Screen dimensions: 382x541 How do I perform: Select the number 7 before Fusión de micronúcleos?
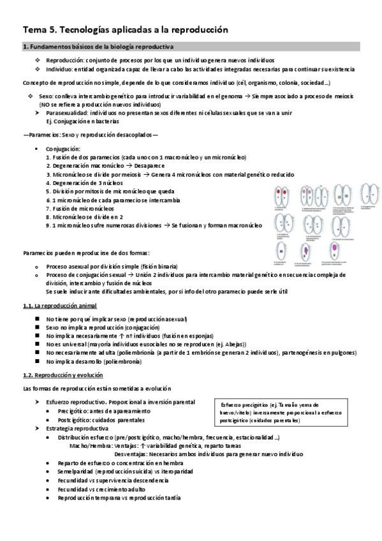click(x=48, y=208)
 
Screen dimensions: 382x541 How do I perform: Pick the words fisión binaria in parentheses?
click(x=160, y=265)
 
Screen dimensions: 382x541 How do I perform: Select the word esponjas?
click(x=199, y=335)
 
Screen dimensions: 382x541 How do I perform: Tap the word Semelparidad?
click(x=75, y=471)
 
